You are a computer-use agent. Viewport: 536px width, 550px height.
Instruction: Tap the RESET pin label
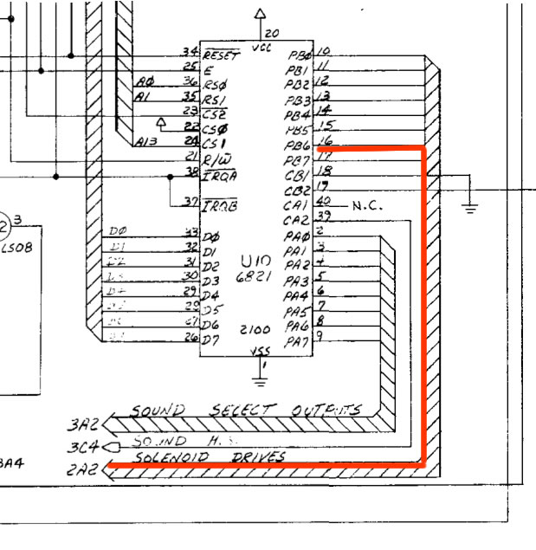222,55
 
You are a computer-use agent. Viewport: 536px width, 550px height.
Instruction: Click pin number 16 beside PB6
326,141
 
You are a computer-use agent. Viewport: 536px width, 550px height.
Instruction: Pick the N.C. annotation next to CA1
368,205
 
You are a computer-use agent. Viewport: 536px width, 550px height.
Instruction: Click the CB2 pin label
296,190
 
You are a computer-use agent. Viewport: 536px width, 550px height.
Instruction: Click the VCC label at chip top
261,49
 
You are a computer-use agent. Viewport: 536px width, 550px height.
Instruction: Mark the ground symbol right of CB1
470,206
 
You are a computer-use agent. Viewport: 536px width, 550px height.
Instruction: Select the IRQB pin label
222,205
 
